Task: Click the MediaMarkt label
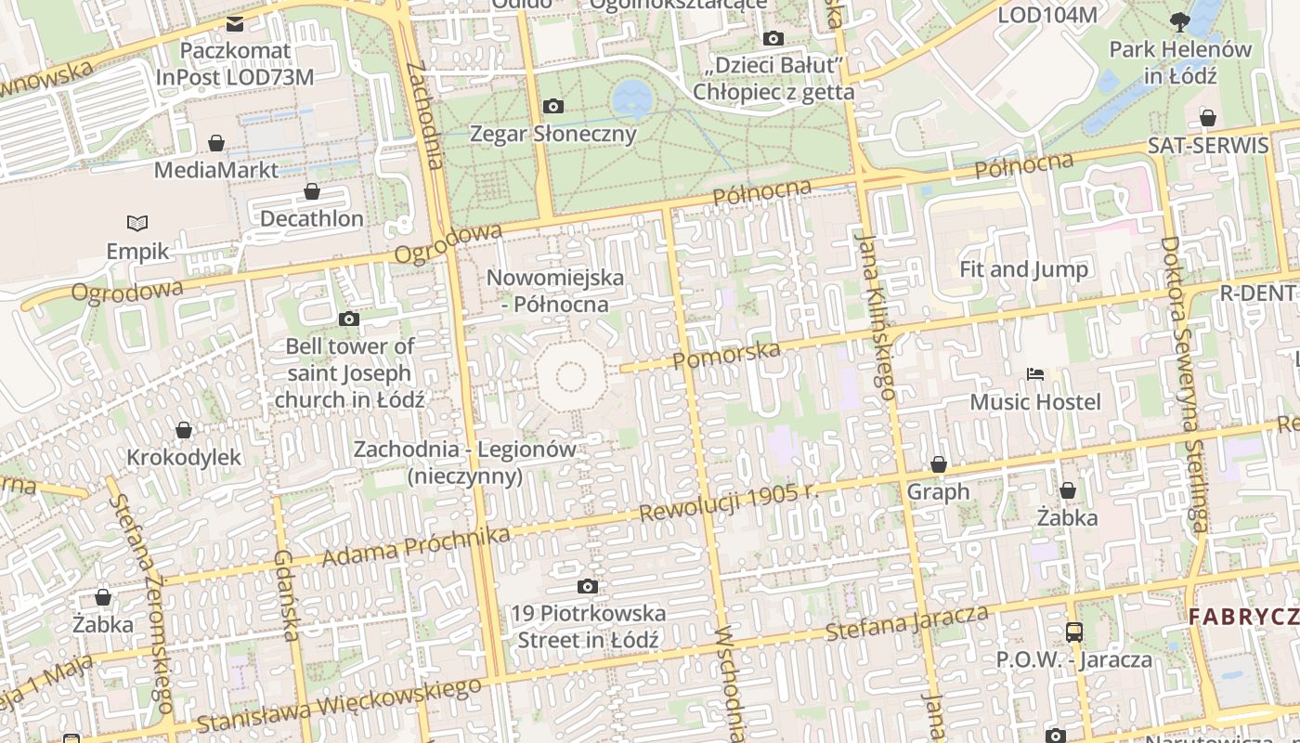(215, 170)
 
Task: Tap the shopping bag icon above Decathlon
(312, 191)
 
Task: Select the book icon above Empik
(137, 223)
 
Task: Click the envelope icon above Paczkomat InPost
(235, 23)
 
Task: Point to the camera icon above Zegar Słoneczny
(553, 106)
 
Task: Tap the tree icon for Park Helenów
(1180, 20)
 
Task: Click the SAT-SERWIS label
(1207, 146)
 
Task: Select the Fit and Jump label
(1023, 269)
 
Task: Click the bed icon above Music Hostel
(1035, 374)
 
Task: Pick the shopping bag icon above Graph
(938, 464)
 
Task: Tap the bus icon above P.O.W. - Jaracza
(1073, 632)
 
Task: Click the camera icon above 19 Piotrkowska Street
(587, 586)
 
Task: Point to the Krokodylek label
(184, 457)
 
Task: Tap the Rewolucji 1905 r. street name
(730, 502)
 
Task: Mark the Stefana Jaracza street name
(906, 623)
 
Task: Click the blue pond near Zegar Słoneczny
(632, 96)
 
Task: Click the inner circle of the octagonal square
(570, 376)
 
